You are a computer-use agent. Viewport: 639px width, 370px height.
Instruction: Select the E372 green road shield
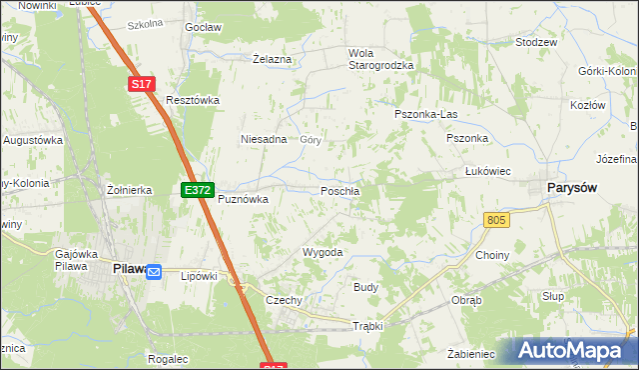pos(197,189)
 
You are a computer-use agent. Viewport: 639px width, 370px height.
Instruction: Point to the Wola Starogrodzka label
pos(379,59)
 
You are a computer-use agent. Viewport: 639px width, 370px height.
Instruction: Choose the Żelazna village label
pos(272,59)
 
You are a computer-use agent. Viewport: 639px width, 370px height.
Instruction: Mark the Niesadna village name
pos(264,140)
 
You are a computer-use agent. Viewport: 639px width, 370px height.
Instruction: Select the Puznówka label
pos(244,199)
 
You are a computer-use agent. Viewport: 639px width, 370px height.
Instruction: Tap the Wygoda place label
pos(322,252)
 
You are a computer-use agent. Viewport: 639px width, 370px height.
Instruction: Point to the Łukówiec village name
pos(488,171)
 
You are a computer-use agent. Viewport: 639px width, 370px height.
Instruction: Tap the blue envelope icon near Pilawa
pos(154,271)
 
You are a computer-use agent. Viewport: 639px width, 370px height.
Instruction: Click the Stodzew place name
pos(535,44)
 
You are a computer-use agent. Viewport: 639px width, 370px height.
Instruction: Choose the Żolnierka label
pos(129,189)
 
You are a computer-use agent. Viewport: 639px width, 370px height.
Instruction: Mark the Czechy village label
pos(284,299)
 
